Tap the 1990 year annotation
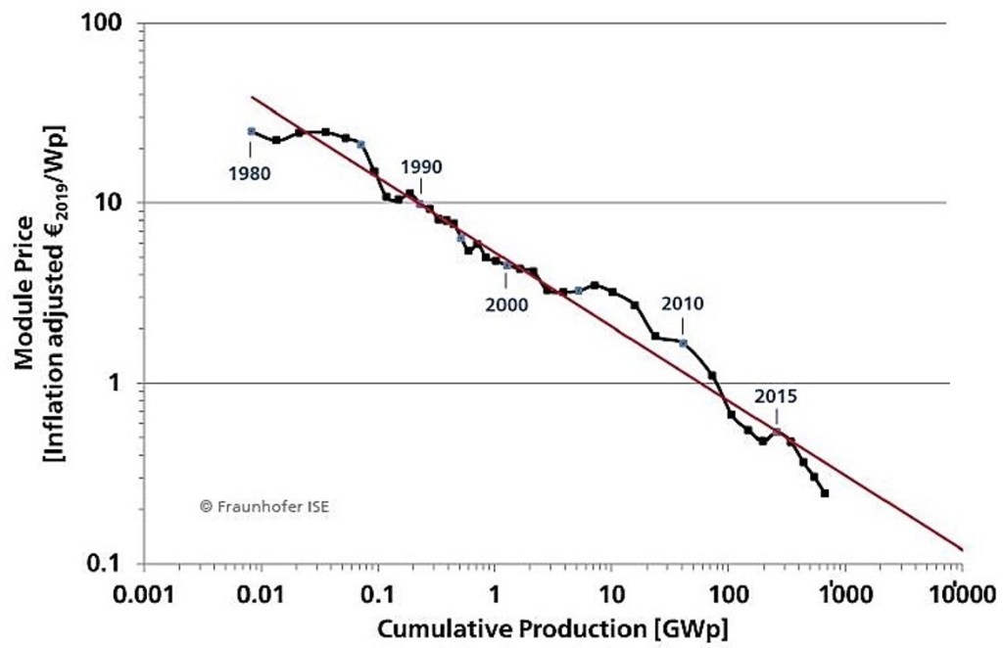[421, 166]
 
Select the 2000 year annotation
[506, 304]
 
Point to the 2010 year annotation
[683, 303]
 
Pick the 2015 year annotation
[776, 397]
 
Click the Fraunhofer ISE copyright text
[258, 507]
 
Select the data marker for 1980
[251, 131]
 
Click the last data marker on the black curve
[825, 493]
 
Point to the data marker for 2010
[683, 343]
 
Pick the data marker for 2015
[777, 432]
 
